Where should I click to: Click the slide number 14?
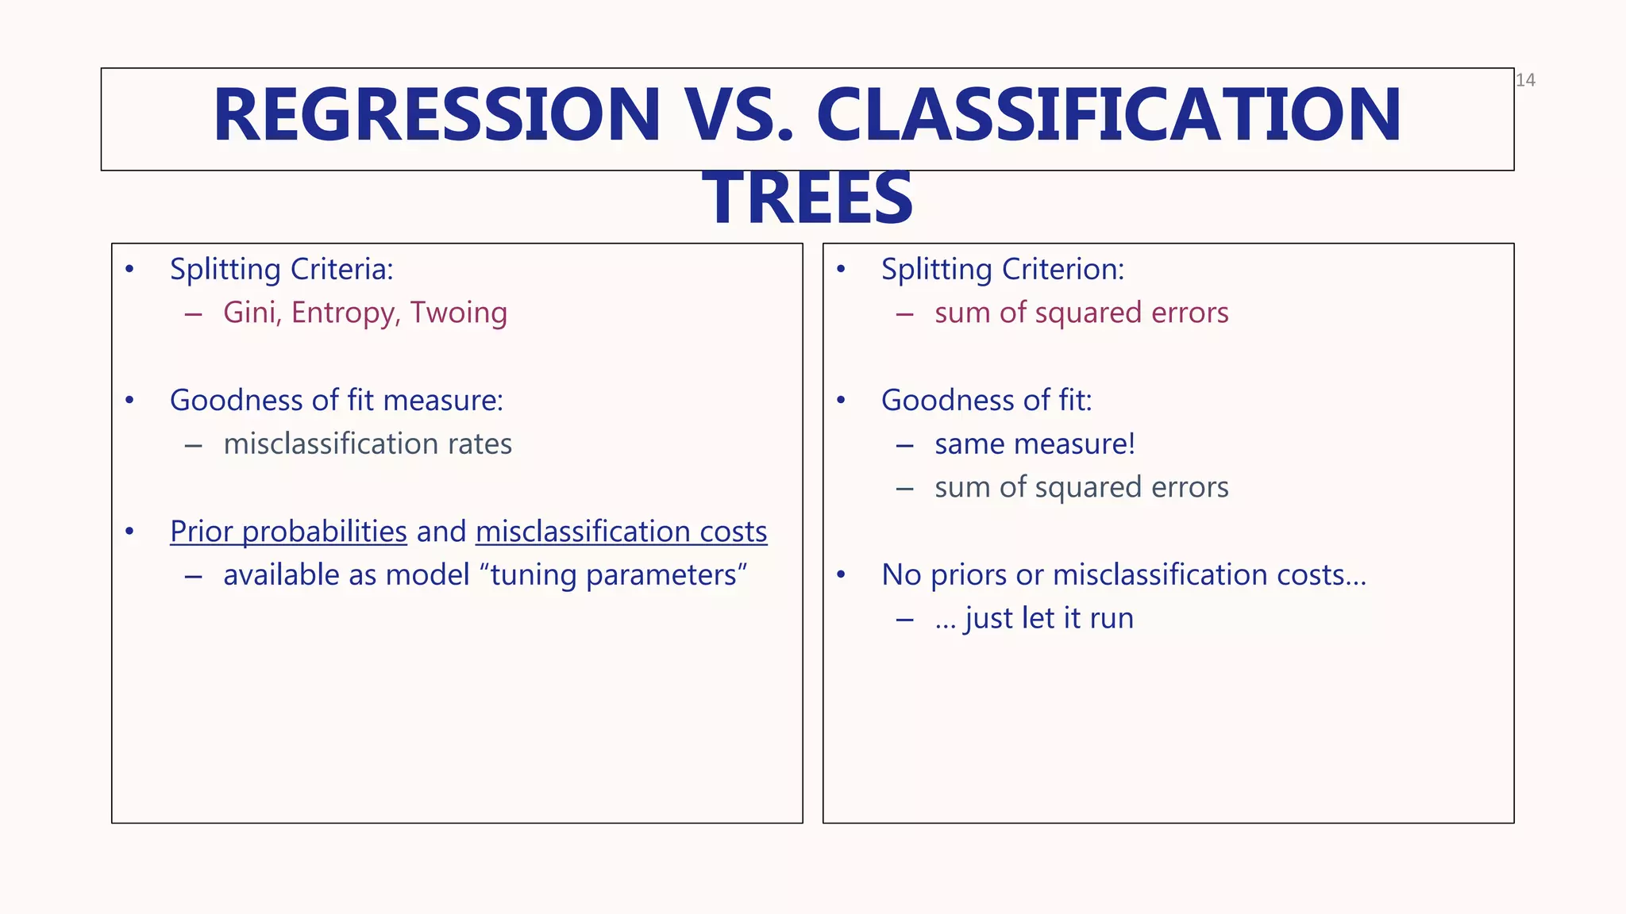1525,80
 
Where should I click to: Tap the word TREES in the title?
807,198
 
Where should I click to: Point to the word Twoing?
458,313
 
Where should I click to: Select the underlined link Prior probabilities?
288,532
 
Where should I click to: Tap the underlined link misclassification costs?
621,532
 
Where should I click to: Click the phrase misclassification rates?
368,444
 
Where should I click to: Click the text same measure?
1035,444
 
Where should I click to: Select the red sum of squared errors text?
1081,313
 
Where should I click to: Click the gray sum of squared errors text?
1081,488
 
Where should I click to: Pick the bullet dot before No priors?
842,574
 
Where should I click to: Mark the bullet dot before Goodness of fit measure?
129,400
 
